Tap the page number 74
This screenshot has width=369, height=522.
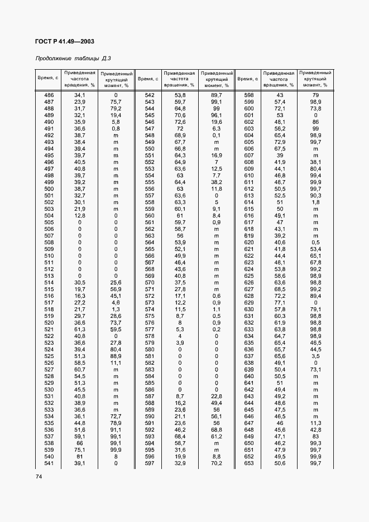(x=39, y=476)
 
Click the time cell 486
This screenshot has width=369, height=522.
(x=49, y=95)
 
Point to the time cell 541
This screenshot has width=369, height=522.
(x=49, y=463)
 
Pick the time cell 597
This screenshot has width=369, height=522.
(x=149, y=463)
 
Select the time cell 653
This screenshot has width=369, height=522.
(x=249, y=463)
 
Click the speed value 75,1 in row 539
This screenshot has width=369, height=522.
(x=80, y=449)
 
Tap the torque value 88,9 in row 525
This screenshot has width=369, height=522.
(x=116, y=356)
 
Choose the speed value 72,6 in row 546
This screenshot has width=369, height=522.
(x=180, y=122)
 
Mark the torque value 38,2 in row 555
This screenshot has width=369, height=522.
(x=217, y=182)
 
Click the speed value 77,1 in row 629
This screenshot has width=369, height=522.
(x=280, y=302)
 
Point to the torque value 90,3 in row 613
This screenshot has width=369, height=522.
(x=316, y=195)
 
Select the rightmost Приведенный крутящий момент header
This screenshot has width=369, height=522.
(x=315, y=79)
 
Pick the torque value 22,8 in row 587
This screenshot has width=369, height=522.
(x=217, y=396)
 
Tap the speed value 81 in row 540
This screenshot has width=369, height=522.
(x=80, y=456)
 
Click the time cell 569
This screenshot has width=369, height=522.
(x=149, y=275)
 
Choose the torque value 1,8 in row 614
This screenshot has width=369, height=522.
(x=316, y=202)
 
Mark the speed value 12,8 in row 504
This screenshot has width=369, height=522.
(x=80, y=215)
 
